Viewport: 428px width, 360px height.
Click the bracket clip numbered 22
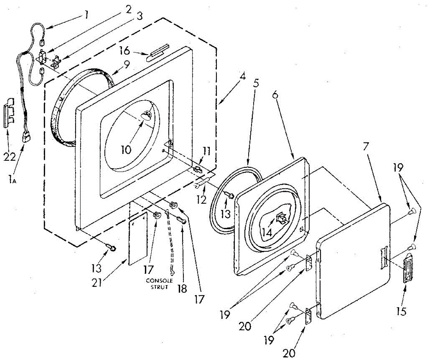click(9, 113)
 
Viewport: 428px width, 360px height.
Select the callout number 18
click(182, 288)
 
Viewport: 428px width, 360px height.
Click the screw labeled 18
click(181, 221)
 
